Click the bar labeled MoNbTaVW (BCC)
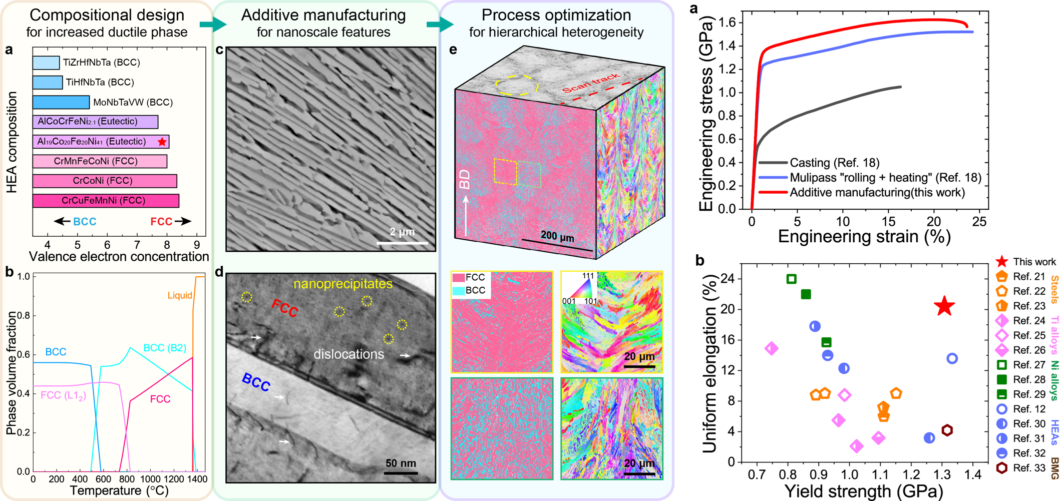click(x=61, y=102)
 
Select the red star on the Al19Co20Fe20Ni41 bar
click(x=162, y=142)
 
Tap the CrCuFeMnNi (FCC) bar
click(x=106, y=201)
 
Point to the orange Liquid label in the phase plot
click(x=180, y=295)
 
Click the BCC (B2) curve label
click(x=164, y=348)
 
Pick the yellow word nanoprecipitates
click(x=343, y=284)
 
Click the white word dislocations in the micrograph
click(x=348, y=354)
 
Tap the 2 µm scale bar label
click(x=402, y=232)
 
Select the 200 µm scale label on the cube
click(x=557, y=236)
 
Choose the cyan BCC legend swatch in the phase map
click(x=458, y=290)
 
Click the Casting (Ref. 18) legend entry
click(x=834, y=163)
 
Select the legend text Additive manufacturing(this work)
click(x=877, y=193)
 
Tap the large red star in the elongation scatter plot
click(x=944, y=306)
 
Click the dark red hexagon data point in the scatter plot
click(x=947, y=430)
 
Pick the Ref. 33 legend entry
click(x=1028, y=468)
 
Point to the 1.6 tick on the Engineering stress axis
click(x=727, y=23)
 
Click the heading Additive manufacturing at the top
click(x=323, y=15)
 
